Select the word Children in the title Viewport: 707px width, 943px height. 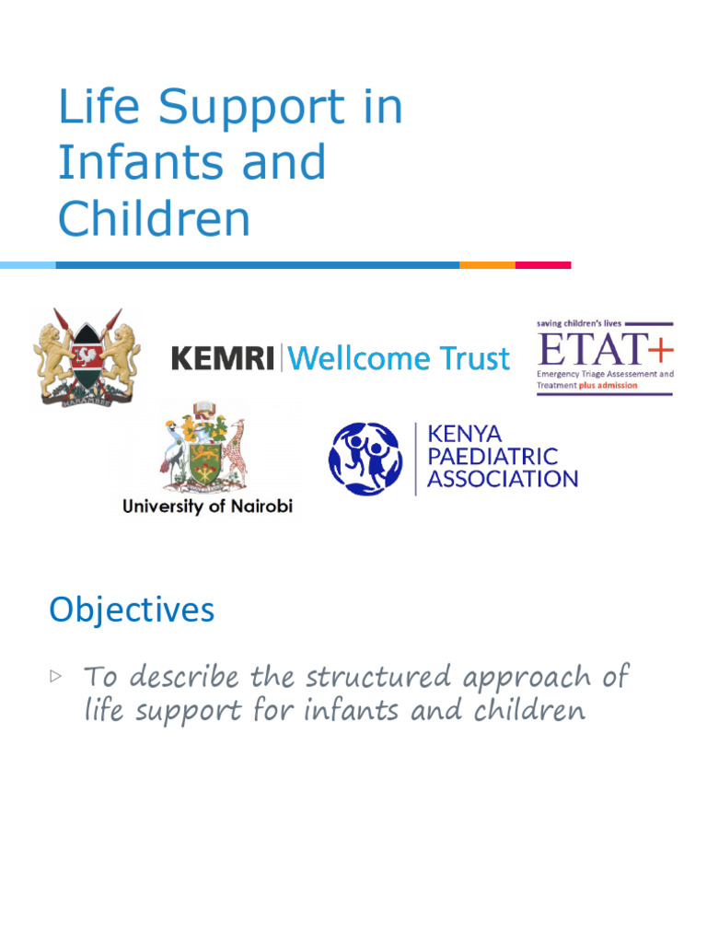click(154, 218)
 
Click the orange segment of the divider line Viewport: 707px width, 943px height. click(487, 265)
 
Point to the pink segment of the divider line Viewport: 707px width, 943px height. click(543, 265)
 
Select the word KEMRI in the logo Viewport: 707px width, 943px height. click(223, 358)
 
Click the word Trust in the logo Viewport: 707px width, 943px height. click(474, 358)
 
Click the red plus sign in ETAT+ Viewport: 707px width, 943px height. click(660, 350)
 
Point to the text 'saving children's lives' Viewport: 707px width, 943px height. click(578, 323)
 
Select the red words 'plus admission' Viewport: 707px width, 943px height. click(608, 386)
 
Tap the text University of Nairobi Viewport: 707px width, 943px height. click(207, 506)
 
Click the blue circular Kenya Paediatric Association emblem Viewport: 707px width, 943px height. click(365, 459)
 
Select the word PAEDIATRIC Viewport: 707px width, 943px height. click(493, 457)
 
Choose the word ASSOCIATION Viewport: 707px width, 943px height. click(503, 479)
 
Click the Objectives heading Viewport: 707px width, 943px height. click(132, 610)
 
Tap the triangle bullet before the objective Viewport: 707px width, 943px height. click(56, 677)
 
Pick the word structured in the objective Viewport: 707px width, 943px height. click(378, 677)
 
